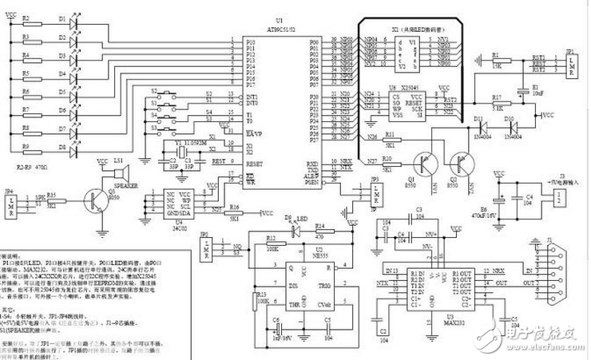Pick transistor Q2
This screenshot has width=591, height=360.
pos(462,165)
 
